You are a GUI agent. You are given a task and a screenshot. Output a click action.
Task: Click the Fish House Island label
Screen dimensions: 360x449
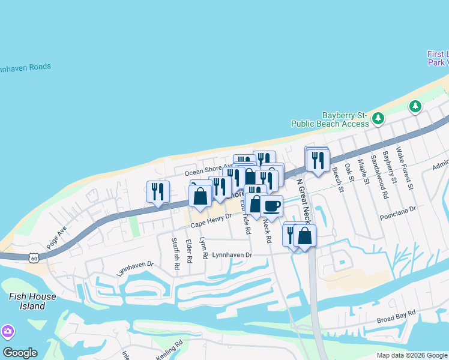point(32,301)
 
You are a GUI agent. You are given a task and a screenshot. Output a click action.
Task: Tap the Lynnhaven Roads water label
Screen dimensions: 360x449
point(24,67)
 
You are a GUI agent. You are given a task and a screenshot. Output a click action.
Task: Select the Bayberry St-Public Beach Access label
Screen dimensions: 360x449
point(330,119)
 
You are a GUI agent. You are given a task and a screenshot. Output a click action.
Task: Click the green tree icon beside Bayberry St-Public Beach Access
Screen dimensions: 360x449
point(378,118)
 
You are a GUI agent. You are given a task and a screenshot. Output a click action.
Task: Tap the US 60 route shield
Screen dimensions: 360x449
point(34,257)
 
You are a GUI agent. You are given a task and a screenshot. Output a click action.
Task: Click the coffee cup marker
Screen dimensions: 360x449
point(271,206)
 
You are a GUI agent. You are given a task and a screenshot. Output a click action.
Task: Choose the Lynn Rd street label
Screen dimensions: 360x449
point(205,247)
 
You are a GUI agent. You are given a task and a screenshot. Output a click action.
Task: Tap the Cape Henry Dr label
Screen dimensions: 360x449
point(211,224)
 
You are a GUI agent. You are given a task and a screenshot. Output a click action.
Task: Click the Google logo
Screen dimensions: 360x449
point(20,353)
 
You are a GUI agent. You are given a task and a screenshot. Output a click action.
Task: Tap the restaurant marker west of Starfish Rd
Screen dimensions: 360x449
point(158,192)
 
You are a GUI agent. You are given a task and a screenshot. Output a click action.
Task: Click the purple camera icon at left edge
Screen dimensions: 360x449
point(7,331)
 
